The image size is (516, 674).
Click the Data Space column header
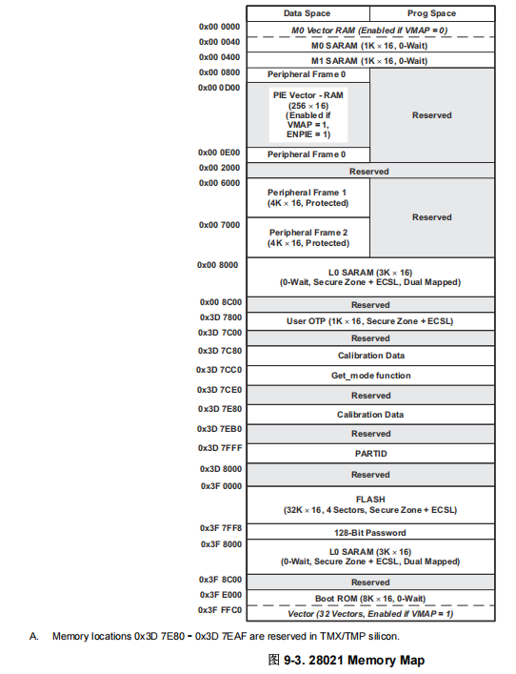308,13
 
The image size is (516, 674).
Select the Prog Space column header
431,13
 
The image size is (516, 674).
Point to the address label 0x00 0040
220,42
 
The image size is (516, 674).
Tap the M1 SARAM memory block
370,60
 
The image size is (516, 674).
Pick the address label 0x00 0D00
219,87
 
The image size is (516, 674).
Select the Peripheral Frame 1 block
308,198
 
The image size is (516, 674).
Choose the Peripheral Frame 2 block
308,238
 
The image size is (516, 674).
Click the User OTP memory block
370,321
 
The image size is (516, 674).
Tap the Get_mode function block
370,376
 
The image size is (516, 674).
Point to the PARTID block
370,453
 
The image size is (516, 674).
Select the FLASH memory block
370,505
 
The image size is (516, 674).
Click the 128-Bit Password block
370,532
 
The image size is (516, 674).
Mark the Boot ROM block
370,598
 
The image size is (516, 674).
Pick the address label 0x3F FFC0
220,609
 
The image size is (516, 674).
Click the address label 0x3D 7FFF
220,447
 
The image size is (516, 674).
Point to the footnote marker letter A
32,636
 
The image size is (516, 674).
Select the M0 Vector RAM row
370,31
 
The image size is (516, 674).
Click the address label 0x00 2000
220,168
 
